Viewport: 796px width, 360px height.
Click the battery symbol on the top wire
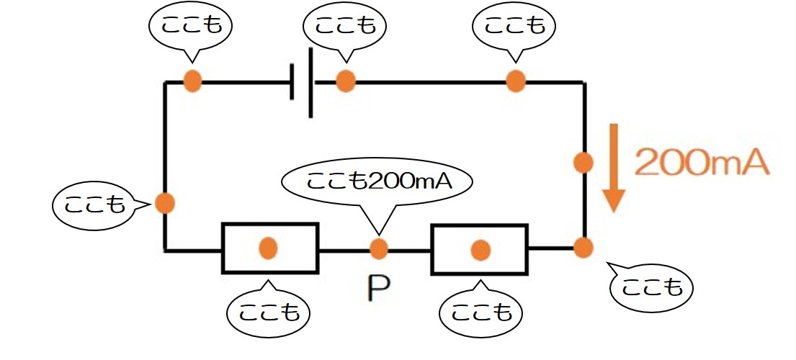tap(302, 81)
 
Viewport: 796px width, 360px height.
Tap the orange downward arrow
tap(614, 168)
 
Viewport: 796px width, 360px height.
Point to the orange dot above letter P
tap(379, 248)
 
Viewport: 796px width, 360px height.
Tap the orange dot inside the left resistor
tap(267, 248)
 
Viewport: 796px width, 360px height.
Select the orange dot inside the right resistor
tap(480, 250)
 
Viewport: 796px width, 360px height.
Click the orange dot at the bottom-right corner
tap(583, 248)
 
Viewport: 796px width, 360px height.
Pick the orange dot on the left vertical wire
tap(164, 203)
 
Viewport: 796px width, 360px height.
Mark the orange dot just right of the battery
tap(346, 81)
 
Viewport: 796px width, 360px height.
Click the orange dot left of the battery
tap(192, 81)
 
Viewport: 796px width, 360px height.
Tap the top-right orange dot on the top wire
tap(516, 81)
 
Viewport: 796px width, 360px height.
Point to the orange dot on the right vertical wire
tap(583, 163)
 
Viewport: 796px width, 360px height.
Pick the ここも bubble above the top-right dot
tap(514, 29)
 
